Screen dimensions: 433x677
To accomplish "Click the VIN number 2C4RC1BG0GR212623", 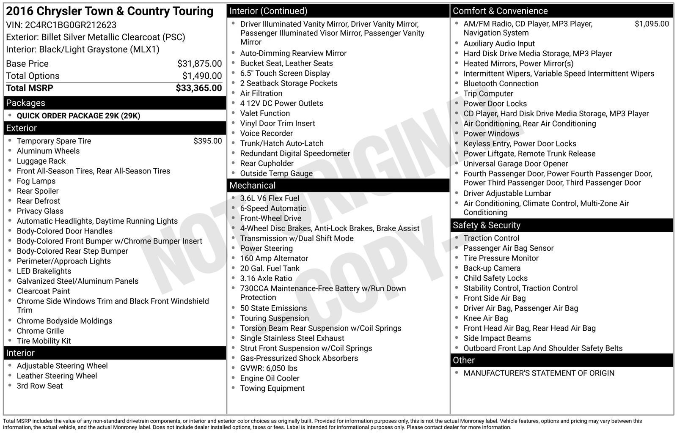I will (70, 25).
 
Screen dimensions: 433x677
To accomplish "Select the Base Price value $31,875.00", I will (199, 64).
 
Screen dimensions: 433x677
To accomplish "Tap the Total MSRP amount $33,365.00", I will (198, 88).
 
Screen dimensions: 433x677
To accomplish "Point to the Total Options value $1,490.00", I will (202, 76).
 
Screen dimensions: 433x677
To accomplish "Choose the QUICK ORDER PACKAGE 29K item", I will (78, 116).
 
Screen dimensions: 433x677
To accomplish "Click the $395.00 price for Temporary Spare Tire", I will (207, 141).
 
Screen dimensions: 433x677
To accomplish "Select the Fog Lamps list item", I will (36, 181).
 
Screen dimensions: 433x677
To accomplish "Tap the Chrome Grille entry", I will (40, 331).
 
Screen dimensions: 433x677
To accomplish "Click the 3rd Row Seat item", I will (39, 386).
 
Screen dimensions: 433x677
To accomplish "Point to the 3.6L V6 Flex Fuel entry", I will (270, 198).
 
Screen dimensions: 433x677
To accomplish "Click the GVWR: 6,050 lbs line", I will (269, 368).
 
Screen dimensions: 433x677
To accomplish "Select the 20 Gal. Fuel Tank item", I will (270, 269).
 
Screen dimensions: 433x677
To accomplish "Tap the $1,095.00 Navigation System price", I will (652, 24).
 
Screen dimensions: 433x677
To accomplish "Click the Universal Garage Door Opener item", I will (515, 164).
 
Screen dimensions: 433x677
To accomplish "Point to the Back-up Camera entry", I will (492, 268).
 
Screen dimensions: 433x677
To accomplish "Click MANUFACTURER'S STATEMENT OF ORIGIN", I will (539, 373).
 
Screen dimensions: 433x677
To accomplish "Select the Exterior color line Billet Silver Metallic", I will (96, 37).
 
